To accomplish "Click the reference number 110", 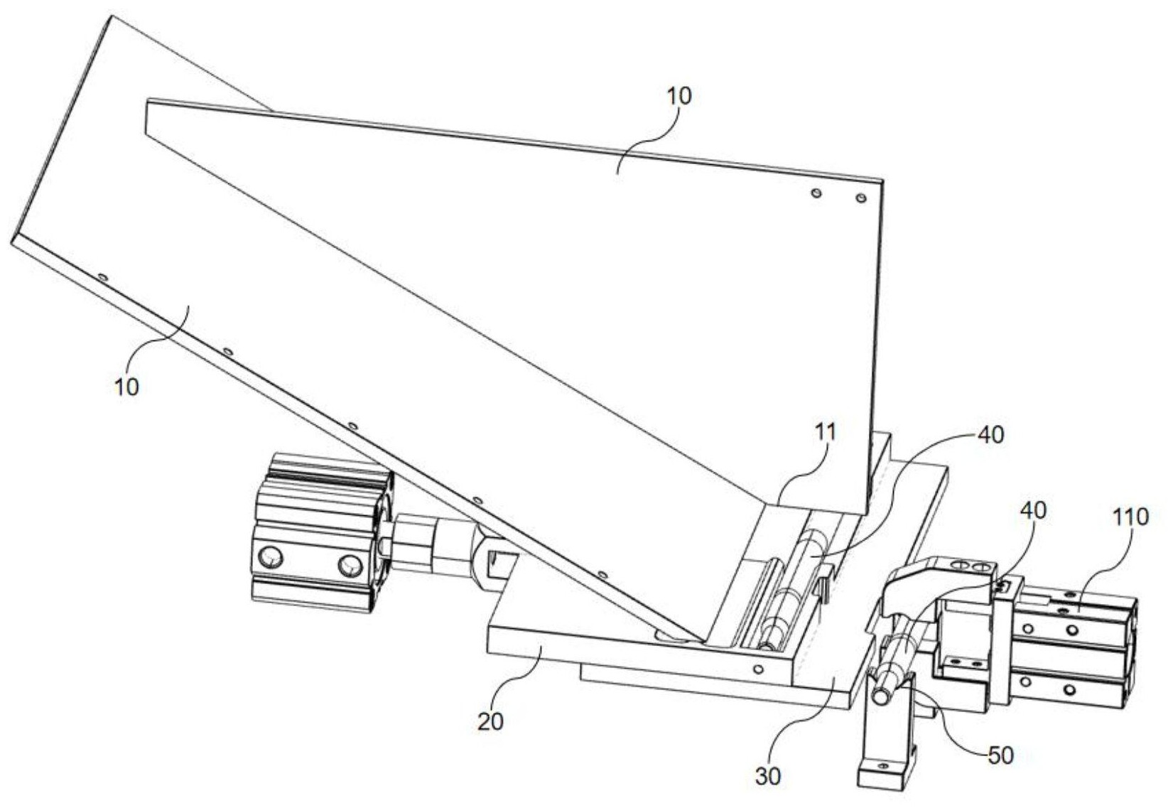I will (x=1129, y=517).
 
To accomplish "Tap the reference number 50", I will (x=1000, y=755).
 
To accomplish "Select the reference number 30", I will (x=767, y=776).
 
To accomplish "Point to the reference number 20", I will (x=490, y=721).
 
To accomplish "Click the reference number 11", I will (x=826, y=431).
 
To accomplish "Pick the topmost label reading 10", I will (x=678, y=96).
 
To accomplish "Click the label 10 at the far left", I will (x=126, y=387).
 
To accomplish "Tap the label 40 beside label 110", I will (x=1034, y=510).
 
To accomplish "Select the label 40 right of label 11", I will (x=990, y=434).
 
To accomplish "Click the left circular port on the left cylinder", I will (x=271, y=556).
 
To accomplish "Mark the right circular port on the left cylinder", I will (x=349, y=566).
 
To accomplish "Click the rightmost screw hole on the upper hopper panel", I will (x=860, y=198).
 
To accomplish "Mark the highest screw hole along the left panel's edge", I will (x=102, y=276).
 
